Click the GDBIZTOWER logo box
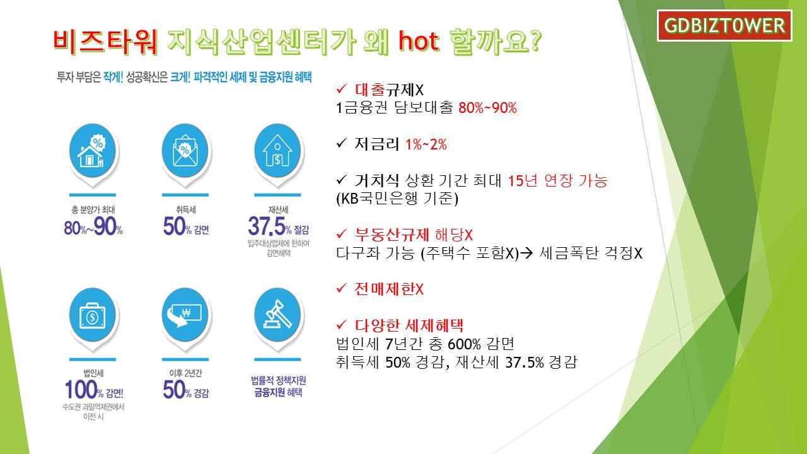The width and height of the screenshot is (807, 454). (724, 26)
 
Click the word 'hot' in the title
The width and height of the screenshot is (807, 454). (419, 41)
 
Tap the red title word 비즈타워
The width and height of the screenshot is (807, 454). (105, 42)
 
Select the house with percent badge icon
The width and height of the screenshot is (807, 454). (92, 151)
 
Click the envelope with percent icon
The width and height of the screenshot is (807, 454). (185, 151)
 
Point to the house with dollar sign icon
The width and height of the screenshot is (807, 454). (277, 151)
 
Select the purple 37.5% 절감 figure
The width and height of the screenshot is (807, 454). (279, 226)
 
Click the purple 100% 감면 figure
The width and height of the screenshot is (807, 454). (94, 390)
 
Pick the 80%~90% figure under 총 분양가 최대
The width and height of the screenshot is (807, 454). (93, 226)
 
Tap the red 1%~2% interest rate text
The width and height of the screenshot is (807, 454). (426, 144)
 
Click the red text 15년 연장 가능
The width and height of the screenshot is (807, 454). (557, 180)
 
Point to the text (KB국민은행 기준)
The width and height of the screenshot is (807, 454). (397, 199)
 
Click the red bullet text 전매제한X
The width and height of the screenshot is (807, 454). (389, 289)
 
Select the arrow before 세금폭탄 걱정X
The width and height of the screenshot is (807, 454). (526, 253)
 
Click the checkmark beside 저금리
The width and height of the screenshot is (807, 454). (341, 143)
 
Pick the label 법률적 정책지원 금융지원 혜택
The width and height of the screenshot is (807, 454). (279, 387)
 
